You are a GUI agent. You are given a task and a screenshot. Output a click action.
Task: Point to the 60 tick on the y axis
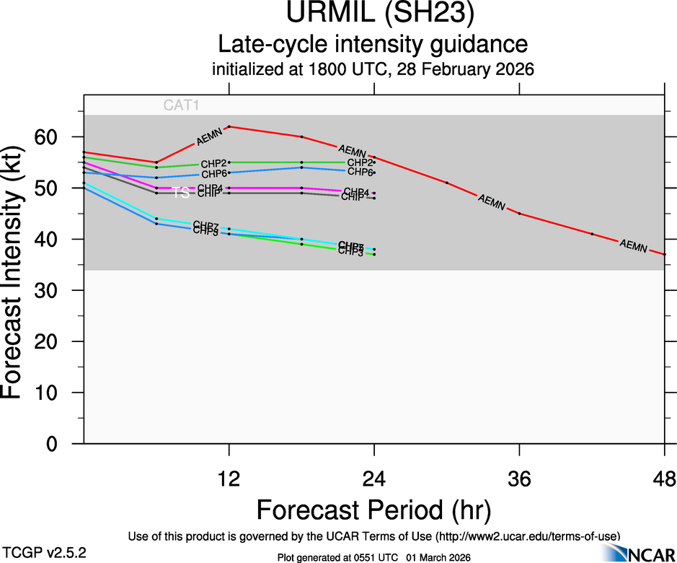(58, 137)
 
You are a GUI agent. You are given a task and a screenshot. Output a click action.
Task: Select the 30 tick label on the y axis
(58, 290)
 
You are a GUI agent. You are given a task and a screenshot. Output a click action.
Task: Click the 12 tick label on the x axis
(229, 478)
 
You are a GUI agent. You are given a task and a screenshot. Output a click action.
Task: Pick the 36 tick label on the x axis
(519, 478)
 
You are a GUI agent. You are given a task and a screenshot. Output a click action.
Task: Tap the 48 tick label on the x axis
(663, 478)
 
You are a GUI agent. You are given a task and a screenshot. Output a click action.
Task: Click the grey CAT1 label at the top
(181, 105)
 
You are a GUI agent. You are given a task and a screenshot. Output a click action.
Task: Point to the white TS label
(181, 193)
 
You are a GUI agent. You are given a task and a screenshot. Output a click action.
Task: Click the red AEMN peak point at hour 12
(229, 126)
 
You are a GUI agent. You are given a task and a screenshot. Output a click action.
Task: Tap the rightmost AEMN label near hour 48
(633, 245)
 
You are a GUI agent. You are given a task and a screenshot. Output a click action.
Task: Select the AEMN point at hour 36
(519, 214)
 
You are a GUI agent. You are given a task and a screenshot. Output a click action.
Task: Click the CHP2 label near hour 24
(359, 162)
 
